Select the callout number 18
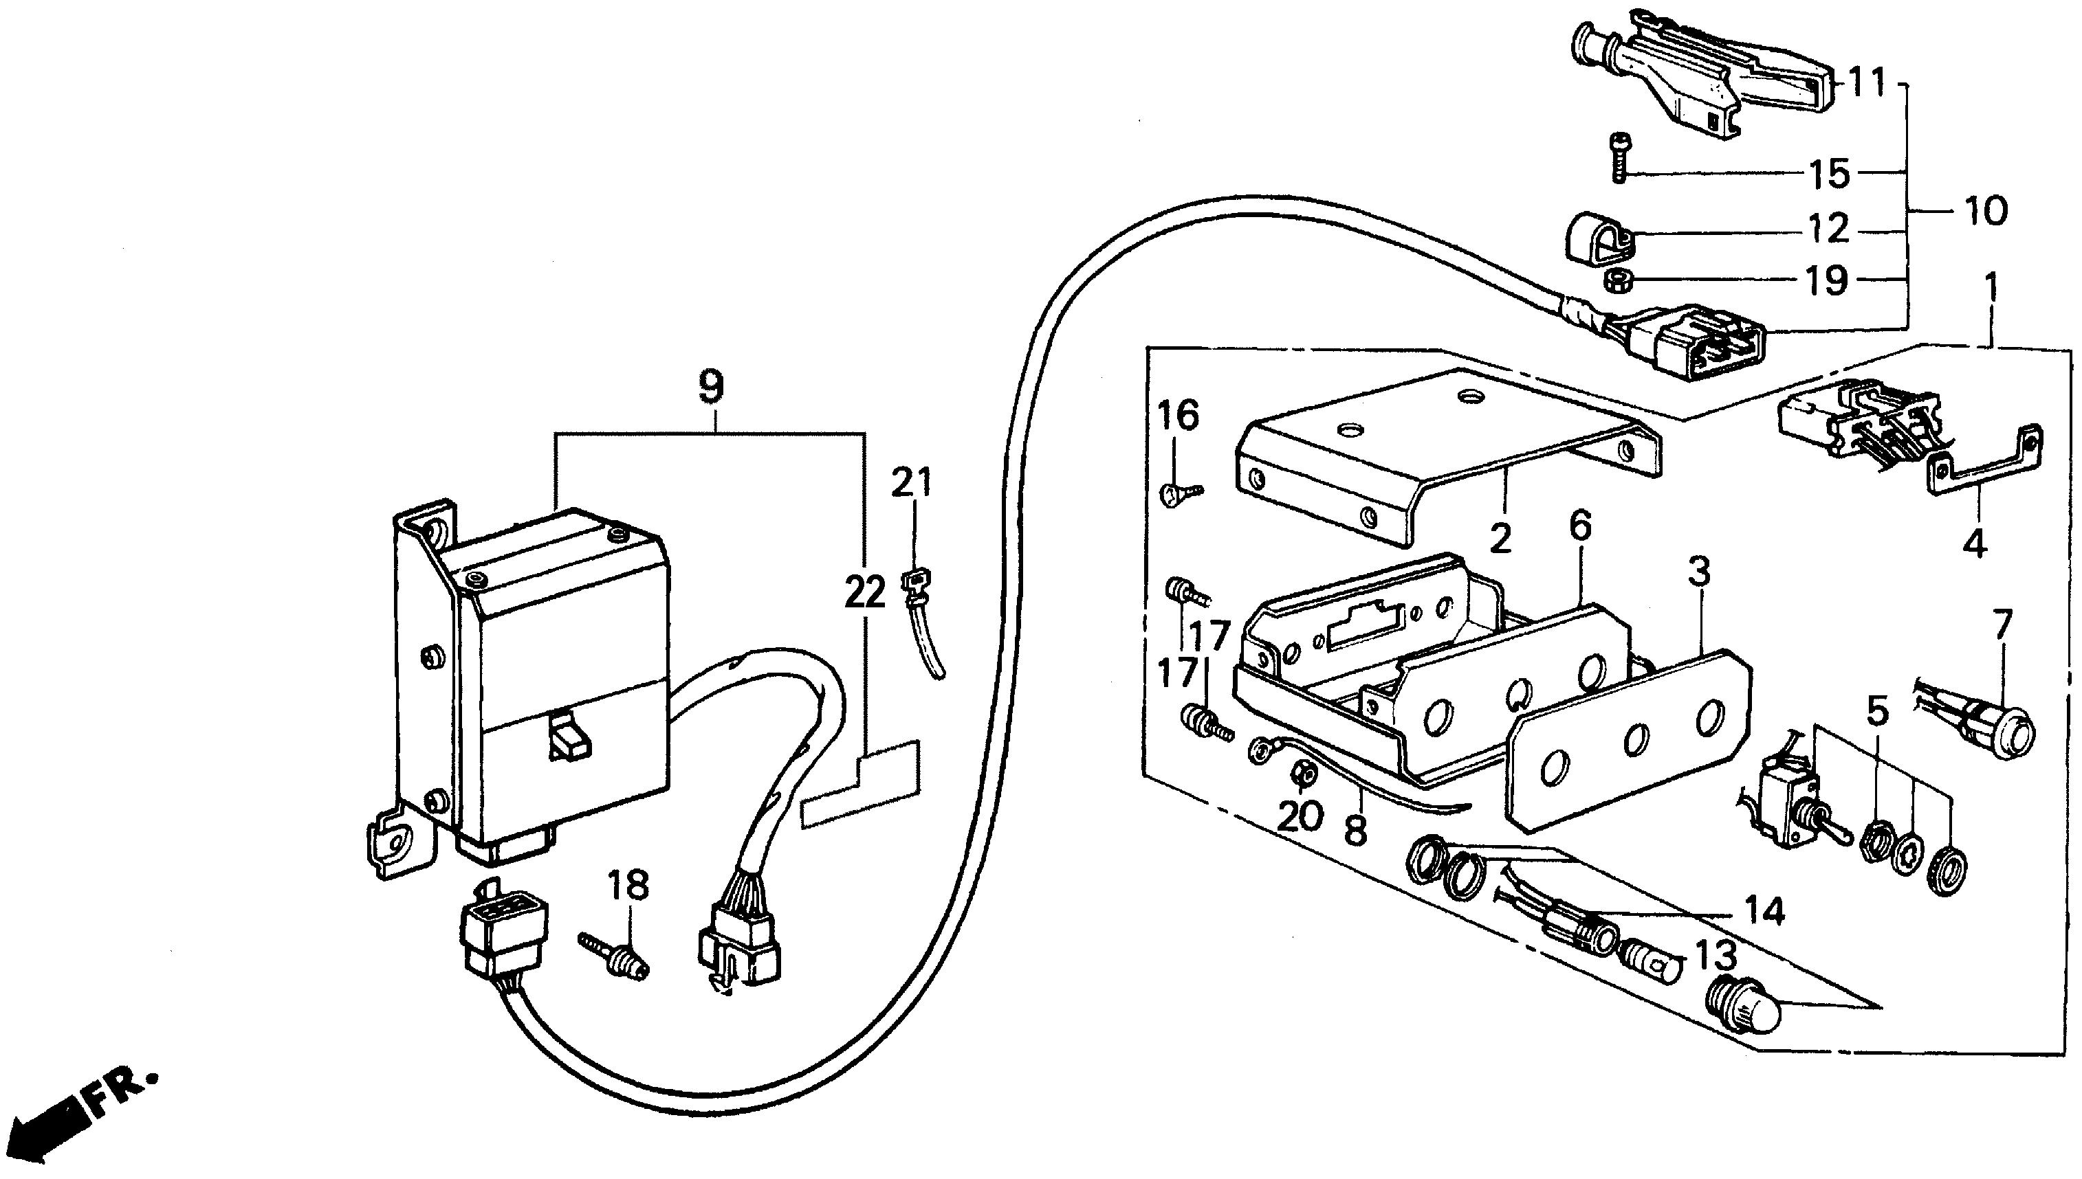629,887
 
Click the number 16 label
1177,416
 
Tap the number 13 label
1716,956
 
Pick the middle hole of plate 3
1636,739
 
